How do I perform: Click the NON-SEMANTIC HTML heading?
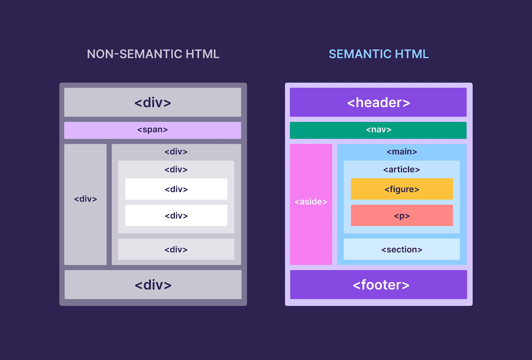pos(153,54)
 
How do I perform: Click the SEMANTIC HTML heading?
pos(378,54)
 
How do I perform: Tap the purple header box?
pos(378,102)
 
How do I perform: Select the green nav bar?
pos(378,130)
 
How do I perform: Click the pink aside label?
pos(311,202)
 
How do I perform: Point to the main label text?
pos(402,152)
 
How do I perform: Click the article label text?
pos(402,170)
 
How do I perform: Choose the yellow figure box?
pos(402,189)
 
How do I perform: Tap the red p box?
pos(402,216)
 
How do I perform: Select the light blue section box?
pos(402,249)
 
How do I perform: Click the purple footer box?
pos(378,284)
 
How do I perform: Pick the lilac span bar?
pos(153,130)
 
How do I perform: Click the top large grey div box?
pos(153,102)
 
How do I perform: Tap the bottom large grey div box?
pos(153,284)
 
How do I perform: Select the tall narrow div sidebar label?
pos(85,199)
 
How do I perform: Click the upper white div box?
pos(176,189)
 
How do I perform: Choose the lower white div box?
pos(176,216)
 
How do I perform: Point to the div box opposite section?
pos(176,249)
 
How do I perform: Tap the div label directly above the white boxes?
pos(176,170)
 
